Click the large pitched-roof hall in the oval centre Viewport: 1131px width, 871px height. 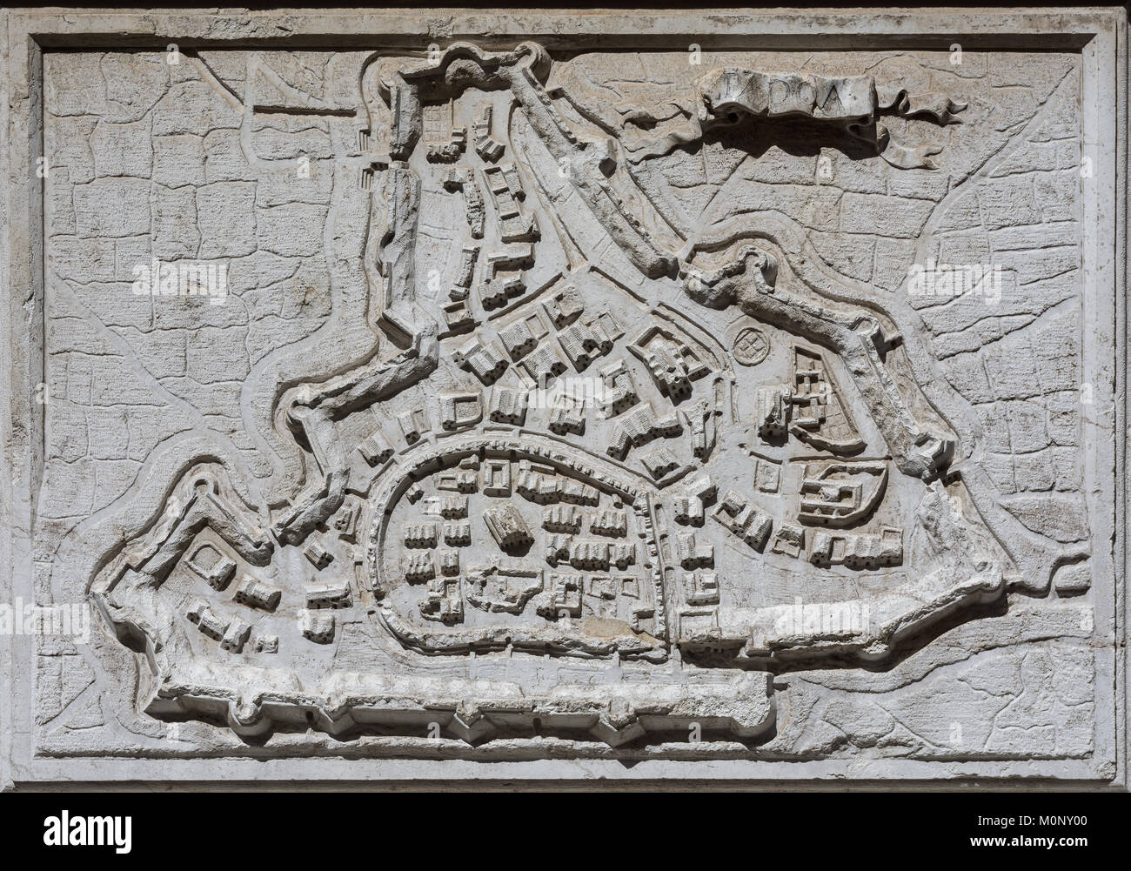coord(512,526)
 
